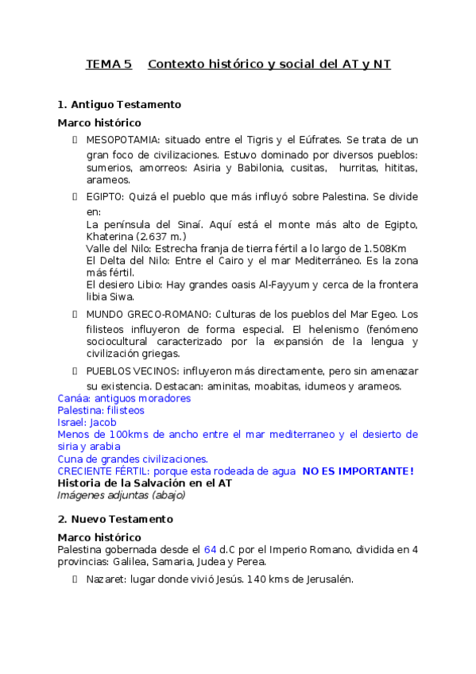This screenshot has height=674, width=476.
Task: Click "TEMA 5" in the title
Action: [109, 64]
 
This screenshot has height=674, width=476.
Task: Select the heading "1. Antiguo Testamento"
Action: [119, 104]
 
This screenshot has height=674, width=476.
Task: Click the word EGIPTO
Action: [104, 196]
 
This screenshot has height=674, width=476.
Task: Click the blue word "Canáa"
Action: [73, 398]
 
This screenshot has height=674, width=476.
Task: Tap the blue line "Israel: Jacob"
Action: [87, 422]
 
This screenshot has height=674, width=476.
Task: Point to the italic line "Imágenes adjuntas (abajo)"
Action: [121, 494]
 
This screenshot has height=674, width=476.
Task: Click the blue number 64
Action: [210, 549]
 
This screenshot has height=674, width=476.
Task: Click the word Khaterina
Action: [110, 237]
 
